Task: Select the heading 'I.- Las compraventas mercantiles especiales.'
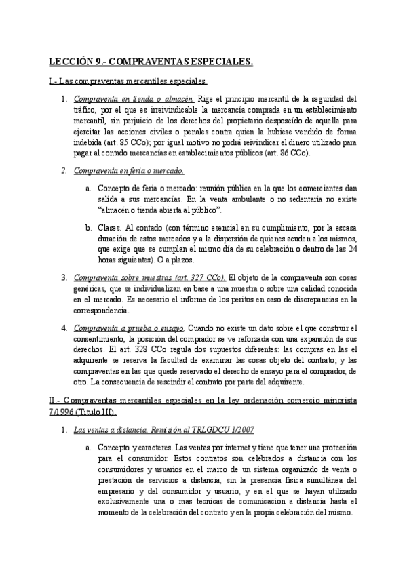click(x=128, y=82)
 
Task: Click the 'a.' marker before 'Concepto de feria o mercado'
click(x=89, y=187)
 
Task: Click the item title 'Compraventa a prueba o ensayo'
click(x=129, y=328)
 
